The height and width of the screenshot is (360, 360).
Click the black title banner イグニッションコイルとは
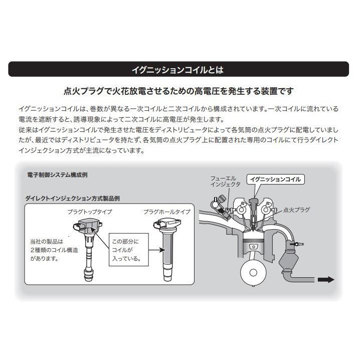click(x=179, y=69)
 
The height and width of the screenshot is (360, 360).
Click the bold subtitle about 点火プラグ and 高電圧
click(x=179, y=91)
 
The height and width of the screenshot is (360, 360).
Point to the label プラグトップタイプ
click(x=90, y=212)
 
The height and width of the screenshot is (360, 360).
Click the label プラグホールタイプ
click(x=166, y=212)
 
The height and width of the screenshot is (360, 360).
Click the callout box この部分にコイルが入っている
click(x=130, y=250)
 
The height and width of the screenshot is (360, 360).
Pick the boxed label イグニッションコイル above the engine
click(x=276, y=178)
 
